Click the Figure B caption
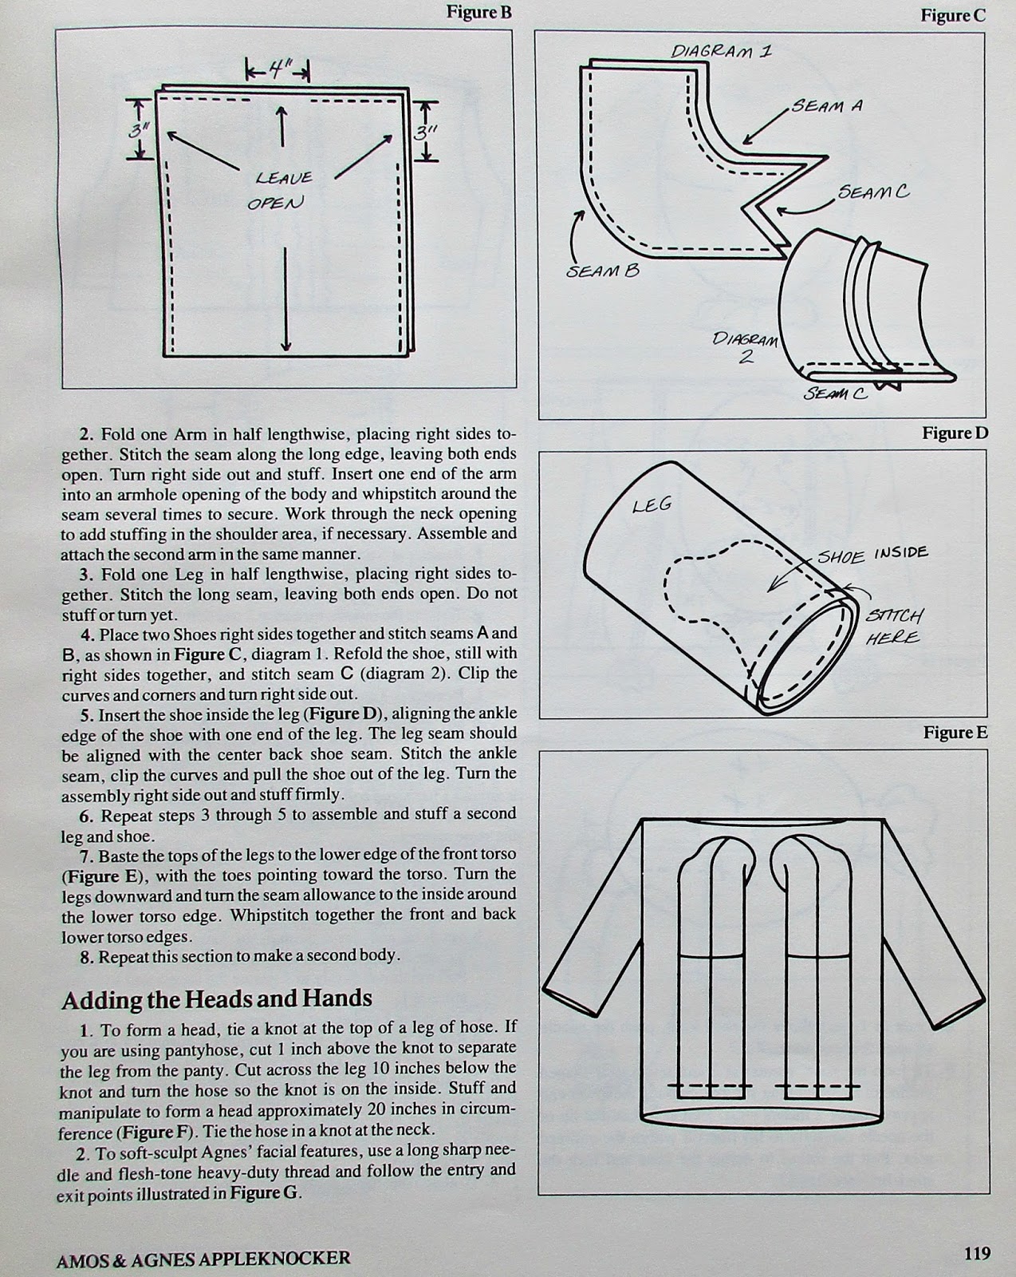pos(478,13)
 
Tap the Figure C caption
pos(953,15)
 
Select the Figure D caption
pos(955,433)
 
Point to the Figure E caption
pos(955,733)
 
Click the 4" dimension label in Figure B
pos(276,70)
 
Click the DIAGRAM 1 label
pos(720,51)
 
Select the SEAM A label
pos(827,105)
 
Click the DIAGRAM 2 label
pos(746,348)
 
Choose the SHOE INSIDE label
pos(872,554)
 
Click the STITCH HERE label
pos(894,627)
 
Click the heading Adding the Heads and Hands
pos(217,999)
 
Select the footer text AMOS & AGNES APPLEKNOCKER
pos(204,1259)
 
